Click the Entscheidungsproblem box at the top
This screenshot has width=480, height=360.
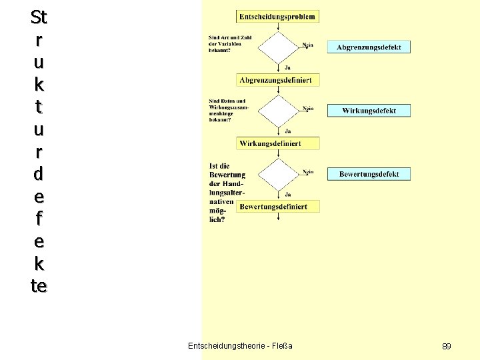(x=277, y=16)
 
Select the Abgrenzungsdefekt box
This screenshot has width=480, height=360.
(x=369, y=47)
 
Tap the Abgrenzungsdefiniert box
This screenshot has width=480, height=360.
(x=275, y=80)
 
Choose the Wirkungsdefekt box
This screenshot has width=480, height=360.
(x=369, y=111)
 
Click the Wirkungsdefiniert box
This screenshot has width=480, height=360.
(x=278, y=143)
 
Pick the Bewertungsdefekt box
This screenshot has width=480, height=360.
(x=369, y=174)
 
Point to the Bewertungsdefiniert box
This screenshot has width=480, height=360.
(x=278, y=207)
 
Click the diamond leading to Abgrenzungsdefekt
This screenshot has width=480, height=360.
(x=278, y=47)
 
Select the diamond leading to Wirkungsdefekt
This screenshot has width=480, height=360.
(x=278, y=110)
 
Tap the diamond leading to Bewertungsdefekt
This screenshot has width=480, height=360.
(x=278, y=174)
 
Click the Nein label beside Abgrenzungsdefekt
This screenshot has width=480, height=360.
(x=308, y=45)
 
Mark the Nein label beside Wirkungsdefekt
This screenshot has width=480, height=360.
(x=308, y=108)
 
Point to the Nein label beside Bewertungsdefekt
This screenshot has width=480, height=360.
(x=308, y=172)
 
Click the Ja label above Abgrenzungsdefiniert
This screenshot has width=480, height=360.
(x=287, y=67)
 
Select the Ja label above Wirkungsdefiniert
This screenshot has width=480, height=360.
(x=287, y=131)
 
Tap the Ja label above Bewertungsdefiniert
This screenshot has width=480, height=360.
(x=287, y=194)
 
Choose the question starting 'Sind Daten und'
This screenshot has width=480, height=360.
(x=227, y=111)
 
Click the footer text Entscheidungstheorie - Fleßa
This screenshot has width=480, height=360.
(x=240, y=345)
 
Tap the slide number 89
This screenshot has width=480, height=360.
(x=447, y=347)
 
